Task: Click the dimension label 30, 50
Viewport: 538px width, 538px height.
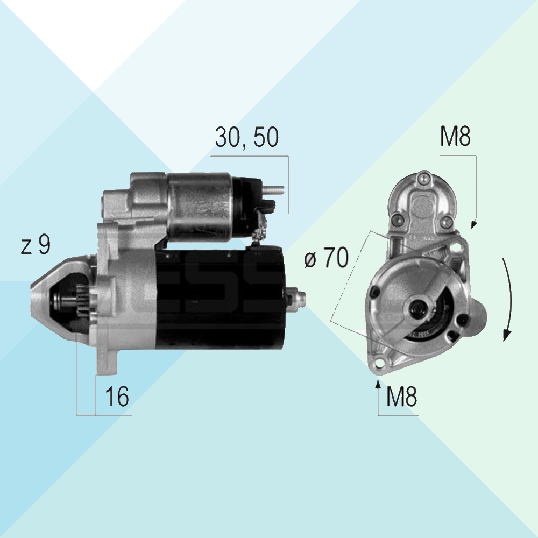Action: pos(247,137)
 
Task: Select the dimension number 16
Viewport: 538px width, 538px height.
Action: pos(117,397)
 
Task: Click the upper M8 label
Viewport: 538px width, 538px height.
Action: pos(455,136)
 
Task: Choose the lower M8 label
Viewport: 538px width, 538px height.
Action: pos(401,397)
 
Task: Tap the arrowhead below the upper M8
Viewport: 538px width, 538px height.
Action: pos(473,225)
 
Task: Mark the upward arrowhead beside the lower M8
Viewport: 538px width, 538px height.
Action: pos(378,384)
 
